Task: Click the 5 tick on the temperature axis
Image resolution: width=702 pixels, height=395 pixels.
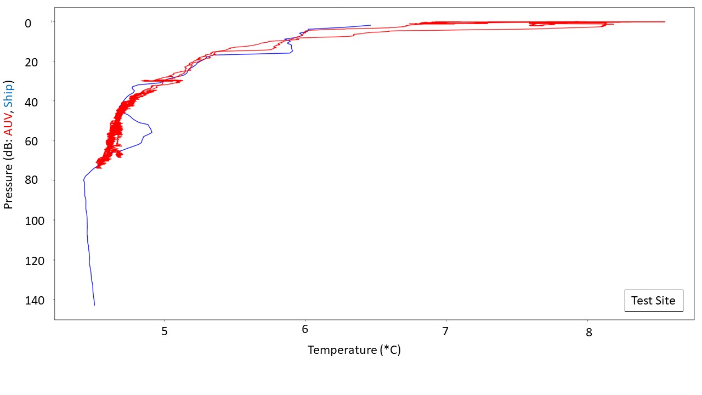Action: tap(164, 332)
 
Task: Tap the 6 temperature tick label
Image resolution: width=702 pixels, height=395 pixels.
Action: tap(305, 332)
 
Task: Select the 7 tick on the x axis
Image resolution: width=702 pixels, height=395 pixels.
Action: tap(446, 332)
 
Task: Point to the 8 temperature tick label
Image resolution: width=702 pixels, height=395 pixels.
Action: tap(588, 332)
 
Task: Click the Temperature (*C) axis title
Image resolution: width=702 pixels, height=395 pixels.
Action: tap(354, 350)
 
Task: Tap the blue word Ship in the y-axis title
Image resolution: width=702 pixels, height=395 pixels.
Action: tap(8, 94)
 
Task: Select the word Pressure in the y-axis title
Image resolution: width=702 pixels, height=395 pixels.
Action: tap(8, 184)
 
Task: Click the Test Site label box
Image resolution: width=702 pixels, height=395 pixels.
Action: tap(654, 301)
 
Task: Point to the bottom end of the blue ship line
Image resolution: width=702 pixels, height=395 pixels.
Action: tap(94, 305)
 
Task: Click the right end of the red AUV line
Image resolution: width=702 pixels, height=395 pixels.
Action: tap(665, 22)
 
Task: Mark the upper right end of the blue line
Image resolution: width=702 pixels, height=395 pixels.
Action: tap(370, 25)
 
